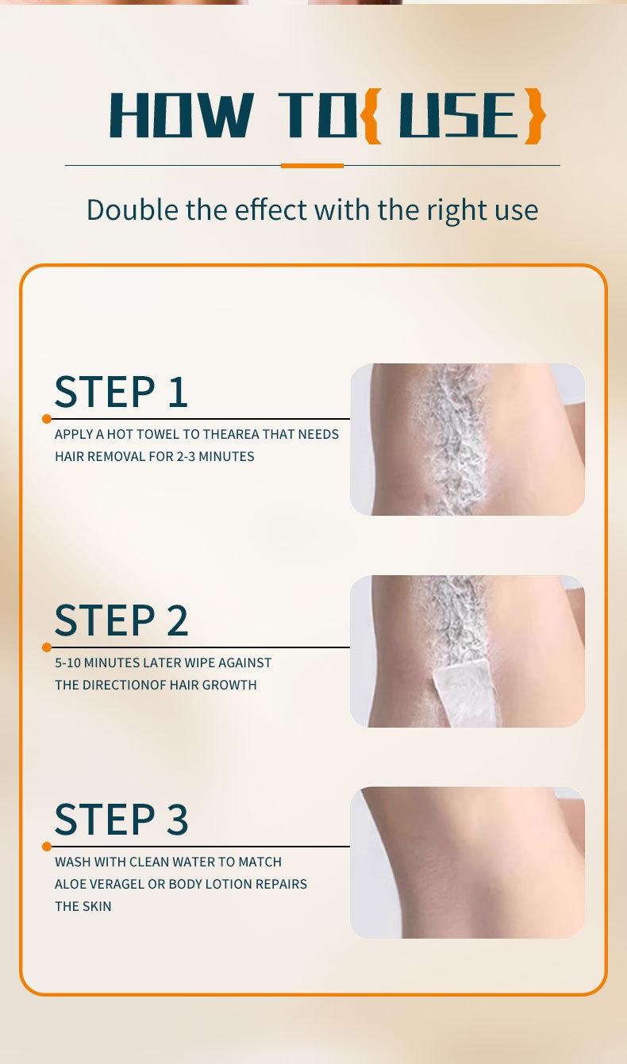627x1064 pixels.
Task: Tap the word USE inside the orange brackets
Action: [x=458, y=115]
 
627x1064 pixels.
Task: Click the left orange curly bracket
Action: [x=371, y=115]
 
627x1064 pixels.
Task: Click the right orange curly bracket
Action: [x=534, y=115]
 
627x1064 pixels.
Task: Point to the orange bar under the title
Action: [x=312, y=166]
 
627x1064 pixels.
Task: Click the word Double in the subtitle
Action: [x=126, y=209]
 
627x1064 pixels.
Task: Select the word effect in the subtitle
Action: [x=271, y=209]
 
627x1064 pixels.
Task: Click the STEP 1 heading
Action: [x=121, y=391]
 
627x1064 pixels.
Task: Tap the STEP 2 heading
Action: [x=121, y=620]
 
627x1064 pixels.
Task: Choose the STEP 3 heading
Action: [x=121, y=819]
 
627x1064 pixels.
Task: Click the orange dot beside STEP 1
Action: [x=47, y=418]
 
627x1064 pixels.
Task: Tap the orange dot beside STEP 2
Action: [x=47, y=647]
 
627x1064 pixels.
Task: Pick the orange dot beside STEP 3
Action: [x=47, y=846]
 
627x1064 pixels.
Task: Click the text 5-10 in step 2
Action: [x=68, y=663]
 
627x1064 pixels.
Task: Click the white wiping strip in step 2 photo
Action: [x=467, y=693]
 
